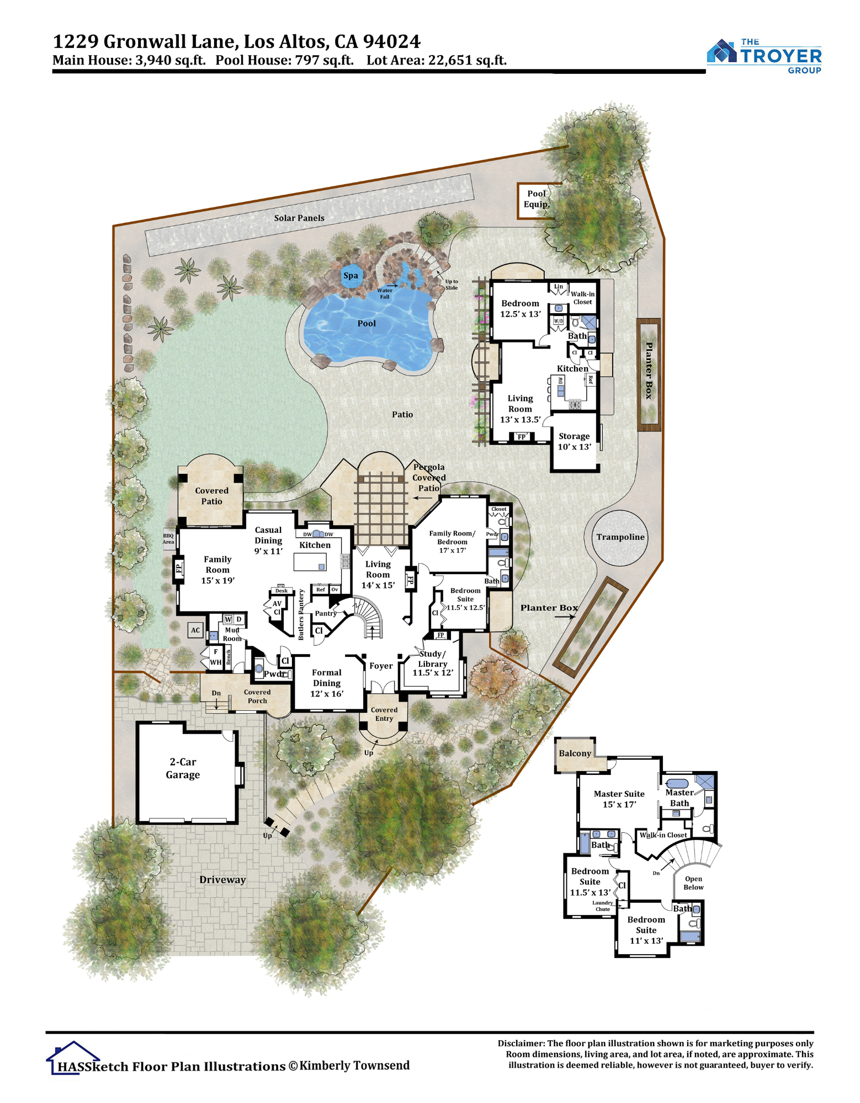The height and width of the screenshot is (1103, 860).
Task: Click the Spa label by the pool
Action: coord(351,276)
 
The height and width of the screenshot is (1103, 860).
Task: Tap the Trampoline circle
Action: coord(620,537)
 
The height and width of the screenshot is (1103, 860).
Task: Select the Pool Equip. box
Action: coord(536,201)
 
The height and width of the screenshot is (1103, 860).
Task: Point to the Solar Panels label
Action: coord(299,218)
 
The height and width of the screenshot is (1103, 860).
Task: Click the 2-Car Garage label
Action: coord(183,768)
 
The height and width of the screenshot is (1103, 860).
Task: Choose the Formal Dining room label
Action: coord(327,683)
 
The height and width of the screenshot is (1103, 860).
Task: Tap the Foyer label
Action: coord(381,666)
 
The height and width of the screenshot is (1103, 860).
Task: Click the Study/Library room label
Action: coord(433,663)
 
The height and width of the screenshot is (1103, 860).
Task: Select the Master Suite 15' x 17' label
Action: coord(619,799)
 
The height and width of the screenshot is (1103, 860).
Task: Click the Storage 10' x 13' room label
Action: coord(574,441)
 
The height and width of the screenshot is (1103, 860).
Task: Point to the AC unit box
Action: coord(195,630)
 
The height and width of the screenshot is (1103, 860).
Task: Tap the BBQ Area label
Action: coord(168,539)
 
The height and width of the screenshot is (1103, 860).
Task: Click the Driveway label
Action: coord(222,880)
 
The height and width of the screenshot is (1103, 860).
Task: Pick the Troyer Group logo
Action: coord(764,56)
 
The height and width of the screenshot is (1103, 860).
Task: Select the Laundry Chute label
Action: coord(603,906)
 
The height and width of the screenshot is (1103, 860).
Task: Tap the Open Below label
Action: coord(693,883)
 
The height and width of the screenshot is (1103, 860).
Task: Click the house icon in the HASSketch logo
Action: coord(72,1057)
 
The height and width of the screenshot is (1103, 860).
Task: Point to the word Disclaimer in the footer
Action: coord(521,1043)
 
